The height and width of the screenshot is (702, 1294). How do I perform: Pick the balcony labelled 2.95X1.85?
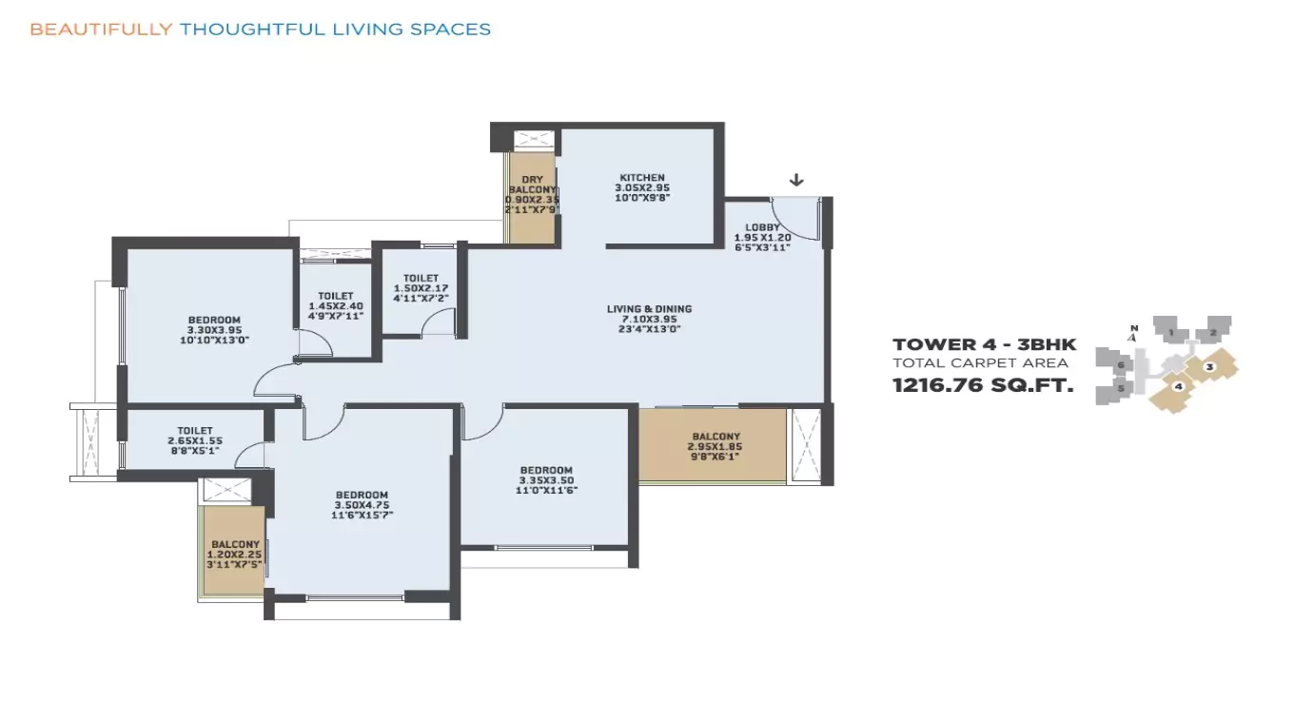click(x=715, y=446)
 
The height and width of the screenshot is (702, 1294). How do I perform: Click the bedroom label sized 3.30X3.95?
click(x=214, y=329)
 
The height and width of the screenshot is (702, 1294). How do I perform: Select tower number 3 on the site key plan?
click(x=1208, y=366)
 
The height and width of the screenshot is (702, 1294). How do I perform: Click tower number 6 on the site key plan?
click(x=1122, y=365)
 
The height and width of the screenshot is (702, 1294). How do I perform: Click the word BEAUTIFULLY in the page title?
click(x=101, y=29)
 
